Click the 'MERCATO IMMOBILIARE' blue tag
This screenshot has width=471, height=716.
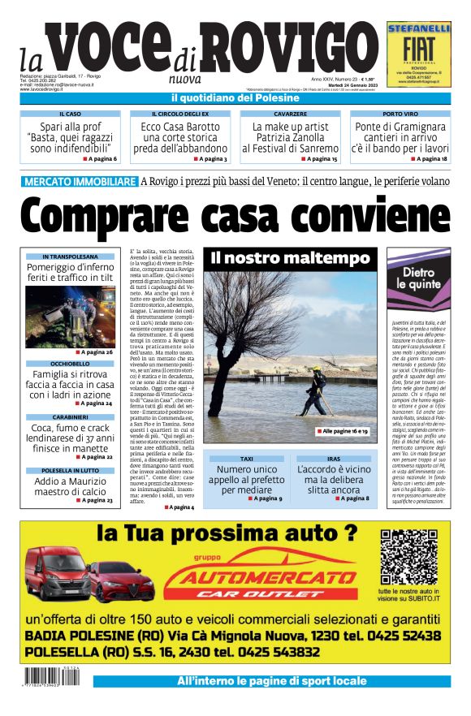point(80,180)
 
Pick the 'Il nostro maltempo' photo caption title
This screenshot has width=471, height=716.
point(290,258)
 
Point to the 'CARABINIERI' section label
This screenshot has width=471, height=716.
point(70,416)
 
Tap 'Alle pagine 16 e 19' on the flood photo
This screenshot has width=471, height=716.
point(344,432)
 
